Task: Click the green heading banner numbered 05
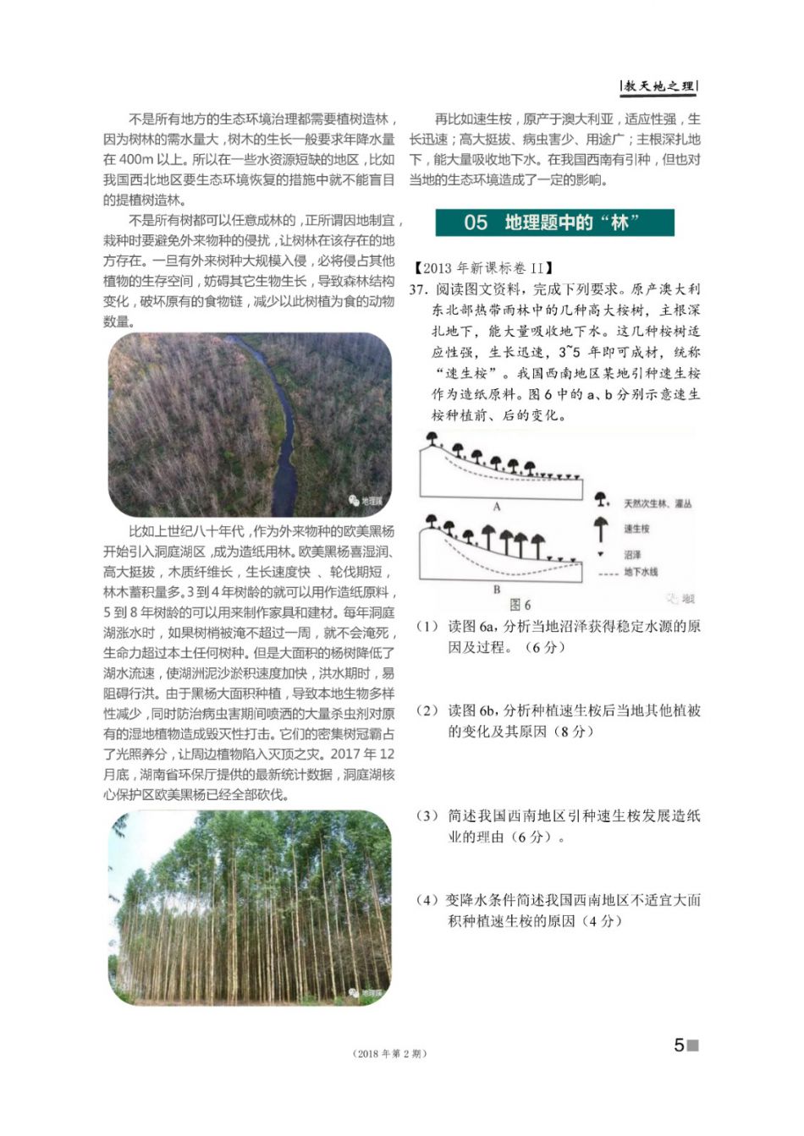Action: (x=554, y=222)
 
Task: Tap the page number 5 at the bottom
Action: (x=679, y=1045)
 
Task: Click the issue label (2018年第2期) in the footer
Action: (x=388, y=1053)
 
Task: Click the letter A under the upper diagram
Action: (x=497, y=506)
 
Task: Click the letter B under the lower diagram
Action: (x=497, y=590)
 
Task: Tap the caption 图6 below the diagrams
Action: (x=520, y=605)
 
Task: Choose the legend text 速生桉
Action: (x=636, y=529)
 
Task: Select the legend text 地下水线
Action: (x=641, y=573)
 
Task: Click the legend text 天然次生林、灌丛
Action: (x=658, y=503)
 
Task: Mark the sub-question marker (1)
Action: (x=427, y=627)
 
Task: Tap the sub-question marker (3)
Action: (x=427, y=816)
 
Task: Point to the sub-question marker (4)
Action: (x=427, y=900)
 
